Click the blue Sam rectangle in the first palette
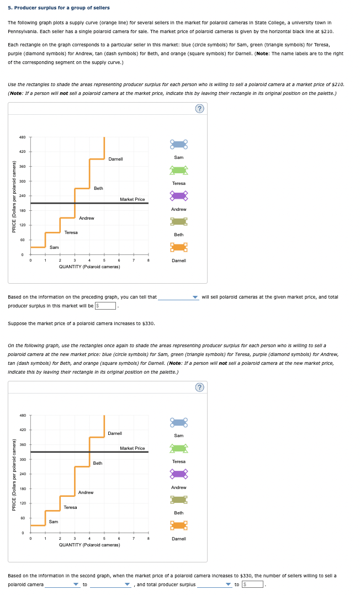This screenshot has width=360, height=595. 178,145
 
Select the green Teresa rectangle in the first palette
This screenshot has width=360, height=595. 178,170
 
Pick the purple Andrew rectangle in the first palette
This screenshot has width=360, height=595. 178,195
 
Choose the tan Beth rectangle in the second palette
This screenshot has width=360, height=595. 178,500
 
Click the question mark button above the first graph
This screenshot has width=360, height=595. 200,109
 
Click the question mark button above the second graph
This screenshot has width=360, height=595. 200,387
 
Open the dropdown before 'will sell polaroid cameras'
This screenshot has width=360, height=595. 178,297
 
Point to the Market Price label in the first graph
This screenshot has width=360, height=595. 132,199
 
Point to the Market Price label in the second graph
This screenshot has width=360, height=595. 132,448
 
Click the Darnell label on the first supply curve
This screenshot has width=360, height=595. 115,159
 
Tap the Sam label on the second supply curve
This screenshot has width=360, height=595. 54,522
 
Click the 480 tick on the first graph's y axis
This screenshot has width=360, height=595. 22,137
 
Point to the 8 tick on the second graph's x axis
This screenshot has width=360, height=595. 149,538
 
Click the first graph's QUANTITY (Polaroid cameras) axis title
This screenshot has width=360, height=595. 89,267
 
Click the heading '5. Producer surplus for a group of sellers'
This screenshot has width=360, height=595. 59,8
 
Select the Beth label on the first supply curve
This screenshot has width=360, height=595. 98,188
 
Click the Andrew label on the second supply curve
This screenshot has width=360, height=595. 86,492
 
